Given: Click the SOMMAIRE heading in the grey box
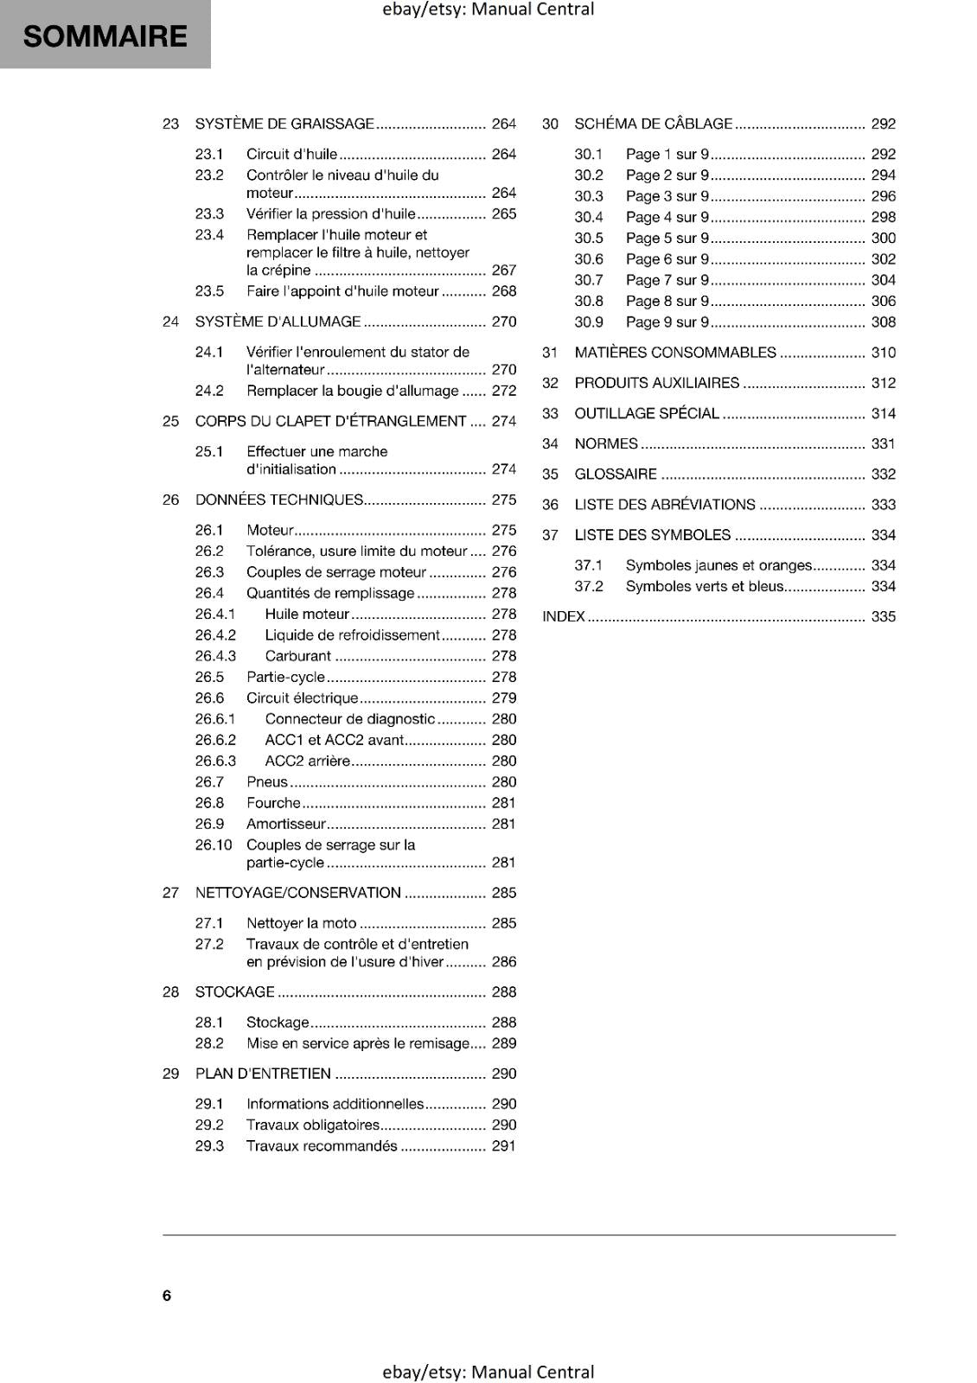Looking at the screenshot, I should click(105, 36).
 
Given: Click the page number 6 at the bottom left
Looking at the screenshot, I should click(167, 1295).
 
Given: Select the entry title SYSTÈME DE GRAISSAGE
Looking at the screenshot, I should click(284, 124).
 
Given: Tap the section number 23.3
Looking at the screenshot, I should click(209, 214).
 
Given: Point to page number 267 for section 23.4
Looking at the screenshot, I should click(503, 270).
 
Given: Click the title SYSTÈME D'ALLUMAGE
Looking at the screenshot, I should click(278, 322).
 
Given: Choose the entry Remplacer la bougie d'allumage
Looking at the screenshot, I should click(352, 391).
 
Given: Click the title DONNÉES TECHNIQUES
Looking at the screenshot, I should click(278, 500).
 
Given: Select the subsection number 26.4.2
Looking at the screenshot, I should click(215, 634).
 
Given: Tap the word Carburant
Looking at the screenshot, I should click(297, 656).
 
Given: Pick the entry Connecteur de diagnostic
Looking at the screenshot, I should click(349, 719).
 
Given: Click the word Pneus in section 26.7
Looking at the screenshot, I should click(266, 781).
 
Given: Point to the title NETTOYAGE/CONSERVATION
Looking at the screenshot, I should click(297, 893).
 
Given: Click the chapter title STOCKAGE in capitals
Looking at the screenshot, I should click(234, 992).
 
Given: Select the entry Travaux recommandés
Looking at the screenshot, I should click(322, 1146).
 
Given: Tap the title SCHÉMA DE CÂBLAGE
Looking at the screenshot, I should click(653, 124).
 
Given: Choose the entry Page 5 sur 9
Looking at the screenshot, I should click(667, 238).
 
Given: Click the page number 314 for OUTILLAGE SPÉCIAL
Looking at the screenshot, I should click(883, 413).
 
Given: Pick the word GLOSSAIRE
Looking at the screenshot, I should click(616, 475).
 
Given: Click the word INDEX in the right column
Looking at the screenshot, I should click(563, 617).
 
